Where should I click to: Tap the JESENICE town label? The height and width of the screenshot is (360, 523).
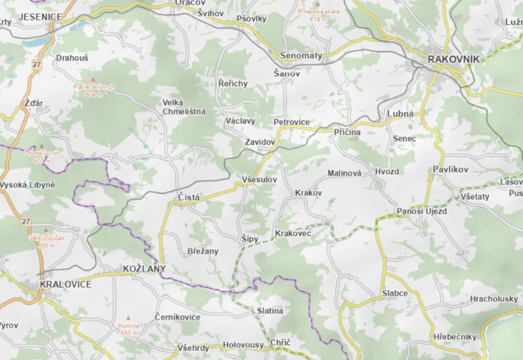[40, 17]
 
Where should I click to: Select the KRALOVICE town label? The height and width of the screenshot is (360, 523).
[66, 284]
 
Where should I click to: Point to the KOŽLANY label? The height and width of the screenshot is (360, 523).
[144, 269]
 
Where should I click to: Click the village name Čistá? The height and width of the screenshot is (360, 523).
[189, 198]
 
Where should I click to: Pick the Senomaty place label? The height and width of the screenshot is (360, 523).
[301, 56]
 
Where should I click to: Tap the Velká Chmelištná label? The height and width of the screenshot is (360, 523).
[184, 107]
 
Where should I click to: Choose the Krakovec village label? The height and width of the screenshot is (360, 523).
[293, 234]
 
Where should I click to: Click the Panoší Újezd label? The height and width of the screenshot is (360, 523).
[422, 211]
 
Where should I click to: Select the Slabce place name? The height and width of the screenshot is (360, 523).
[395, 293]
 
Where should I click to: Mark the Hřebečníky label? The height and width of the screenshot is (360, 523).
[455, 337]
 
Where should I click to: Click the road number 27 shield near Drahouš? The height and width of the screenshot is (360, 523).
[36, 65]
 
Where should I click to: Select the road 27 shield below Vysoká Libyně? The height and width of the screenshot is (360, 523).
[25, 221]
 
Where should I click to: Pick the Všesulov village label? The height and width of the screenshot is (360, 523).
[259, 179]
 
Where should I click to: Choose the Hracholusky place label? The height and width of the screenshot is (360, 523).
[494, 299]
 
